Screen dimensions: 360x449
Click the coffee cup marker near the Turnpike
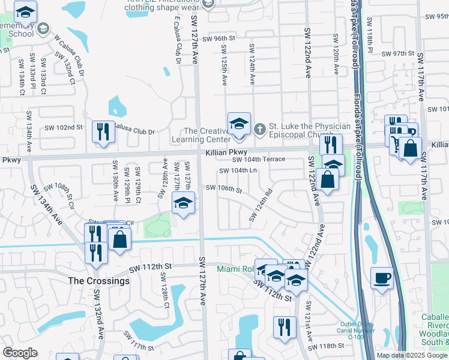[x=382, y=278]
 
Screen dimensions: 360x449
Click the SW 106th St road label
[x=223, y=189]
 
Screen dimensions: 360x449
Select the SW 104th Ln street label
[x=238, y=170]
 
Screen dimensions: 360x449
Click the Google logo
[x=20, y=353]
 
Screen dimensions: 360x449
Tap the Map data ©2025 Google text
[x=411, y=355]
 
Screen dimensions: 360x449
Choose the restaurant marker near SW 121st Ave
[x=284, y=327]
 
